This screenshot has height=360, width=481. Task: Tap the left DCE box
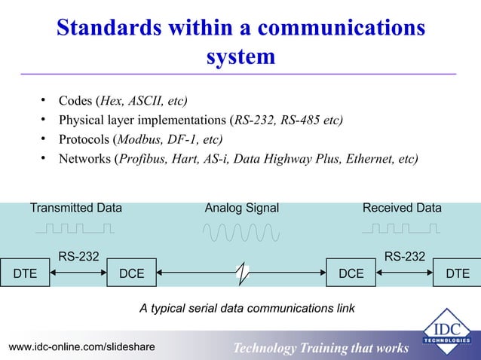pos(132,273)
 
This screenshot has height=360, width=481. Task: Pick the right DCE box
pos(350,273)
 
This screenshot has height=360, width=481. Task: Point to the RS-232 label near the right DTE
pos(404,258)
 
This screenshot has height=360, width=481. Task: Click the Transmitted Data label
pos(76,208)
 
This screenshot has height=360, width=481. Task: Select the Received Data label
pos(403,208)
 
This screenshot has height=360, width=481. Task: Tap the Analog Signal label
pos(242,208)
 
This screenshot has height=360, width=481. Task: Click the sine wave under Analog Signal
pos(241,233)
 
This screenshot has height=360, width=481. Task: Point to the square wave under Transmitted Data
pos(76,227)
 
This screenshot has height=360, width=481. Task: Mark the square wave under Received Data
pos(403,227)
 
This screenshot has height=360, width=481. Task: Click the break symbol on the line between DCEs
pos(241,274)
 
